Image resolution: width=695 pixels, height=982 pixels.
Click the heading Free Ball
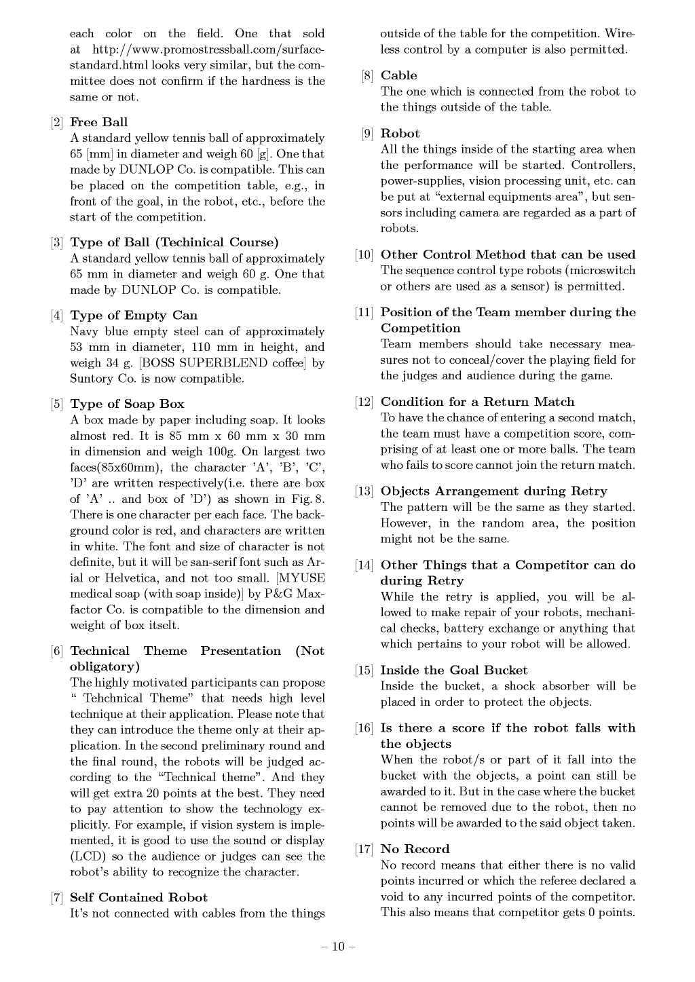[x=98, y=122]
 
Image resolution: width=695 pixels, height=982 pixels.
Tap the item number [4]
[x=57, y=316]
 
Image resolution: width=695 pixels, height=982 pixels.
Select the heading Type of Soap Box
[x=127, y=404]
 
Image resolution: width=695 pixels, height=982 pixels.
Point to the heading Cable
[x=398, y=75]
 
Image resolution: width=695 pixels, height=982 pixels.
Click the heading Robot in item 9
[x=400, y=134]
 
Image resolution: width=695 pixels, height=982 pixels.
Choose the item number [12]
[x=364, y=402]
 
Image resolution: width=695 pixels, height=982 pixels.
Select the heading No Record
[x=415, y=849]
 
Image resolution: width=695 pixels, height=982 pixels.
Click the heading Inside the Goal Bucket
[x=453, y=671]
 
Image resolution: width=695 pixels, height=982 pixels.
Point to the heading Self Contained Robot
[x=138, y=898]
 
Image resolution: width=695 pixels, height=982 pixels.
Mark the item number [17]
[x=364, y=850]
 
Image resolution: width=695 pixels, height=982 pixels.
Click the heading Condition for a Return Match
[x=477, y=402]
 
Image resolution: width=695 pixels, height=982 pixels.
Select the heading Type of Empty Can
[x=134, y=316]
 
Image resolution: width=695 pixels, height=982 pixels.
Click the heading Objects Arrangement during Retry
[x=493, y=491]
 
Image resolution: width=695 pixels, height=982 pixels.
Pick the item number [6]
[x=57, y=651]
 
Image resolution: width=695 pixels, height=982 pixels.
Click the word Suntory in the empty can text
[x=92, y=379]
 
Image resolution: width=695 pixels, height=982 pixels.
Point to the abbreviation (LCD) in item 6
[x=86, y=856]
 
